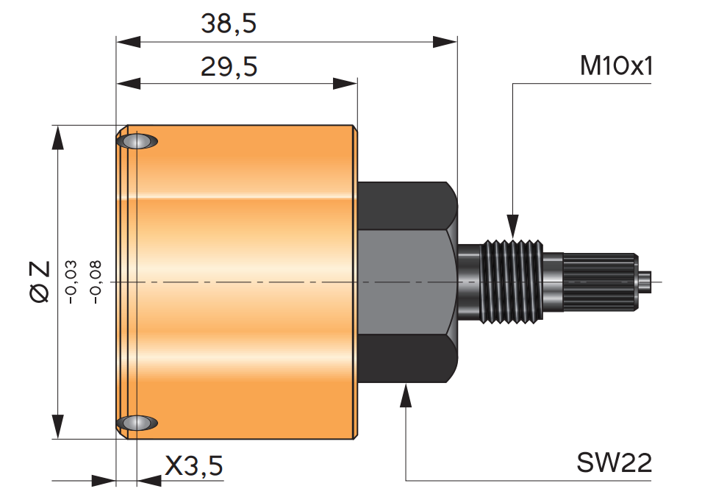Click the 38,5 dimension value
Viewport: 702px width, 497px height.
pos(229,24)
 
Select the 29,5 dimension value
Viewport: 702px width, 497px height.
pos(229,68)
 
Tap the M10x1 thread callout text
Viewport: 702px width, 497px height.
pos(616,67)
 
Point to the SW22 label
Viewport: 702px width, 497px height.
pos(614,463)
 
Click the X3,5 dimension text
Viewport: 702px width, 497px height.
pos(193,465)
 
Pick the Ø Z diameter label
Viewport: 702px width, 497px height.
pos(40,282)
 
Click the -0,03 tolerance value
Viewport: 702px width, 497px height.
pos(71,282)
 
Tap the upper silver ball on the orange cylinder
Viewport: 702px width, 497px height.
pos(137,141)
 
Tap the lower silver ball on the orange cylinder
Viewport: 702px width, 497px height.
pos(137,423)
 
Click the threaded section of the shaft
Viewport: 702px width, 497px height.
pos(512,281)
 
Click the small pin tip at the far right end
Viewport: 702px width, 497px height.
pos(645,282)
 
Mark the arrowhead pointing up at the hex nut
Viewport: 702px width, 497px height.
pos(406,395)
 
